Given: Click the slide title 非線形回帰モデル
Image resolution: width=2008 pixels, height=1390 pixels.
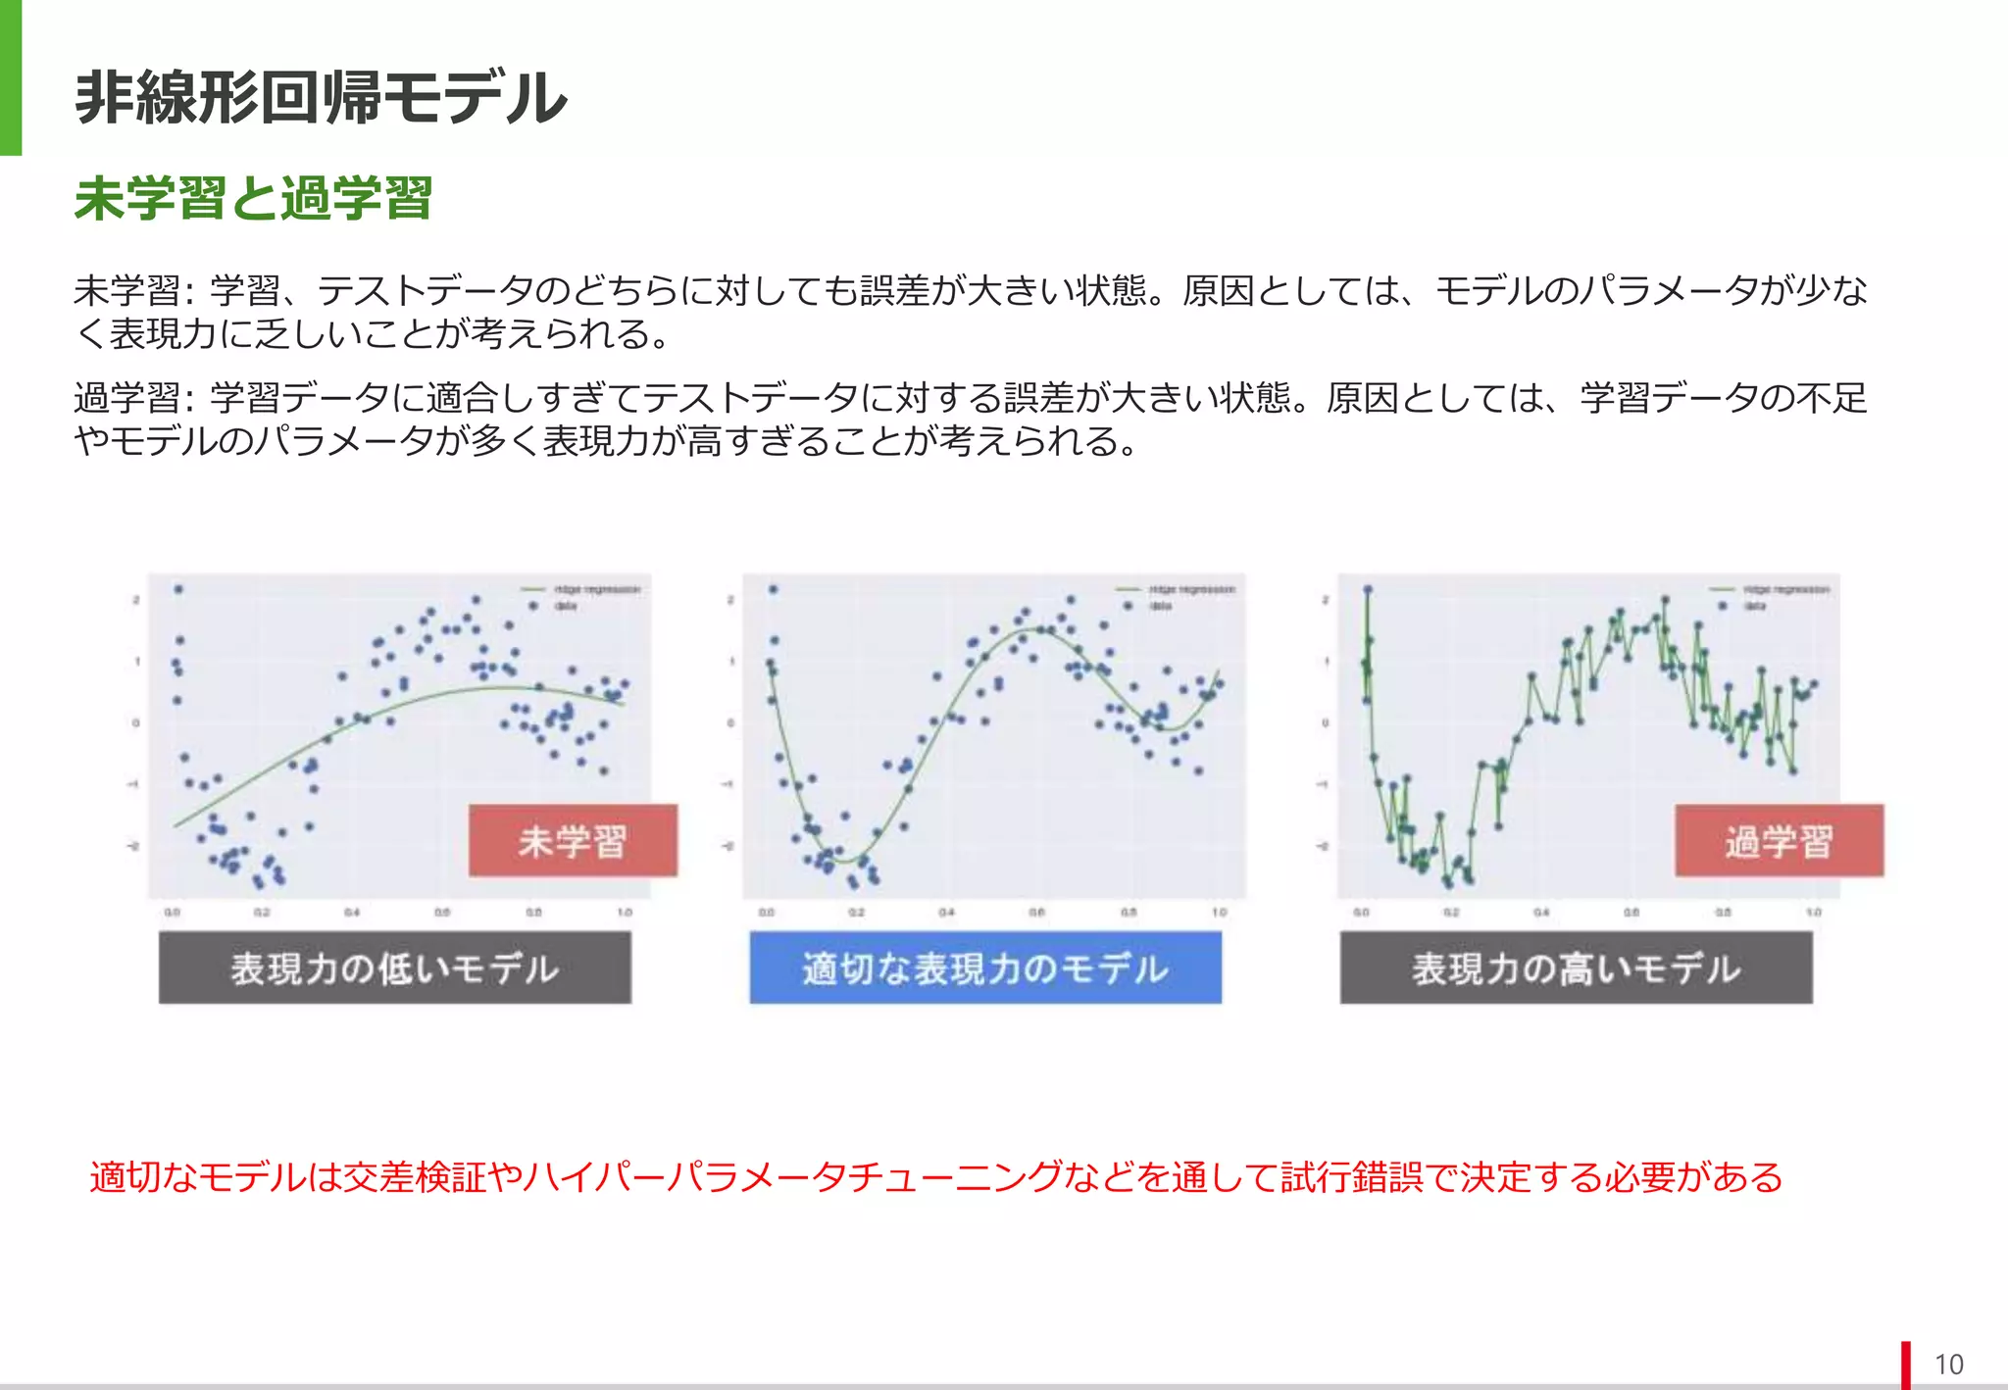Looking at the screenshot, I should (x=321, y=98).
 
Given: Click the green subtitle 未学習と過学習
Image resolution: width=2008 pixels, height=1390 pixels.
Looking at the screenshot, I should (x=253, y=199).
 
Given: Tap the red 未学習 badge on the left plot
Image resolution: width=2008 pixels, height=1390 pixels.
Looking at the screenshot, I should (x=573, y=840).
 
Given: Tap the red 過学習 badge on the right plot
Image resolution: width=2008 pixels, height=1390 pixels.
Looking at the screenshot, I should (x=1779, y=840).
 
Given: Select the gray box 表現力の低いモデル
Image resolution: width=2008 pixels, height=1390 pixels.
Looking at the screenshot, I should (x=395, y=968).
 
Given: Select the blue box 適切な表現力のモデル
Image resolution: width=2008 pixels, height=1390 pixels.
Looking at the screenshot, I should (x=985, y=968).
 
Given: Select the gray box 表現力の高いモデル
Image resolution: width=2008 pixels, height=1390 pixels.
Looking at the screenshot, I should (x=1576, y=968).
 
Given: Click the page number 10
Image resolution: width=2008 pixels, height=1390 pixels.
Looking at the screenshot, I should (x=1948, y=1364).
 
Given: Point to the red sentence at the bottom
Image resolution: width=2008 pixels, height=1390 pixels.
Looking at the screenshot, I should (x=936, y=1176).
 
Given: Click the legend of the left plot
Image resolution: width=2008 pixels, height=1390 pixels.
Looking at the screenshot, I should (x=583, y=597).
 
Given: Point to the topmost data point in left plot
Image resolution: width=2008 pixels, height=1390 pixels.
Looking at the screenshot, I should (x=178, y=589).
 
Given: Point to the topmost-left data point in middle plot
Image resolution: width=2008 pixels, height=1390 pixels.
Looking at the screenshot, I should (x=774, y=589).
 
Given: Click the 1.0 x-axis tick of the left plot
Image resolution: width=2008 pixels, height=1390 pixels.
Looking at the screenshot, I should (x=625, y=913).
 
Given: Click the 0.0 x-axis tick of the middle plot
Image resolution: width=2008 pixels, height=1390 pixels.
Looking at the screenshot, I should (x=767, y=913).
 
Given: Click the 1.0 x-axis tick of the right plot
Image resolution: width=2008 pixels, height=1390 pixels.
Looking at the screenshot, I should (x=1814, y=913).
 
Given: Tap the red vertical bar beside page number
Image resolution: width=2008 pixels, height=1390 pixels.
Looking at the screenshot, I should (x=1906, y=1364).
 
